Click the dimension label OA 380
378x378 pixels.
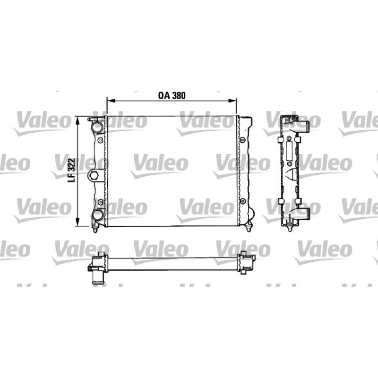pos(172,95)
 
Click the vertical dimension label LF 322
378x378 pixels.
pos(72,170)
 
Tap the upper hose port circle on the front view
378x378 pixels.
pos(98,127)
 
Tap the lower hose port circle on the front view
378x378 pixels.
pos(98,215)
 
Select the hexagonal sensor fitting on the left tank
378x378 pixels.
pos(94,175)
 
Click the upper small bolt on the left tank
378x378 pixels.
pos(100,140)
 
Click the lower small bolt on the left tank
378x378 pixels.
pos(100,202)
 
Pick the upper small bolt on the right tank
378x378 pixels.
pos(242,140)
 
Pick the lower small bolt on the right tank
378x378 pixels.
pos(242,201)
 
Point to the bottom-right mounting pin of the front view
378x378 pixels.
pos(249,228)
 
